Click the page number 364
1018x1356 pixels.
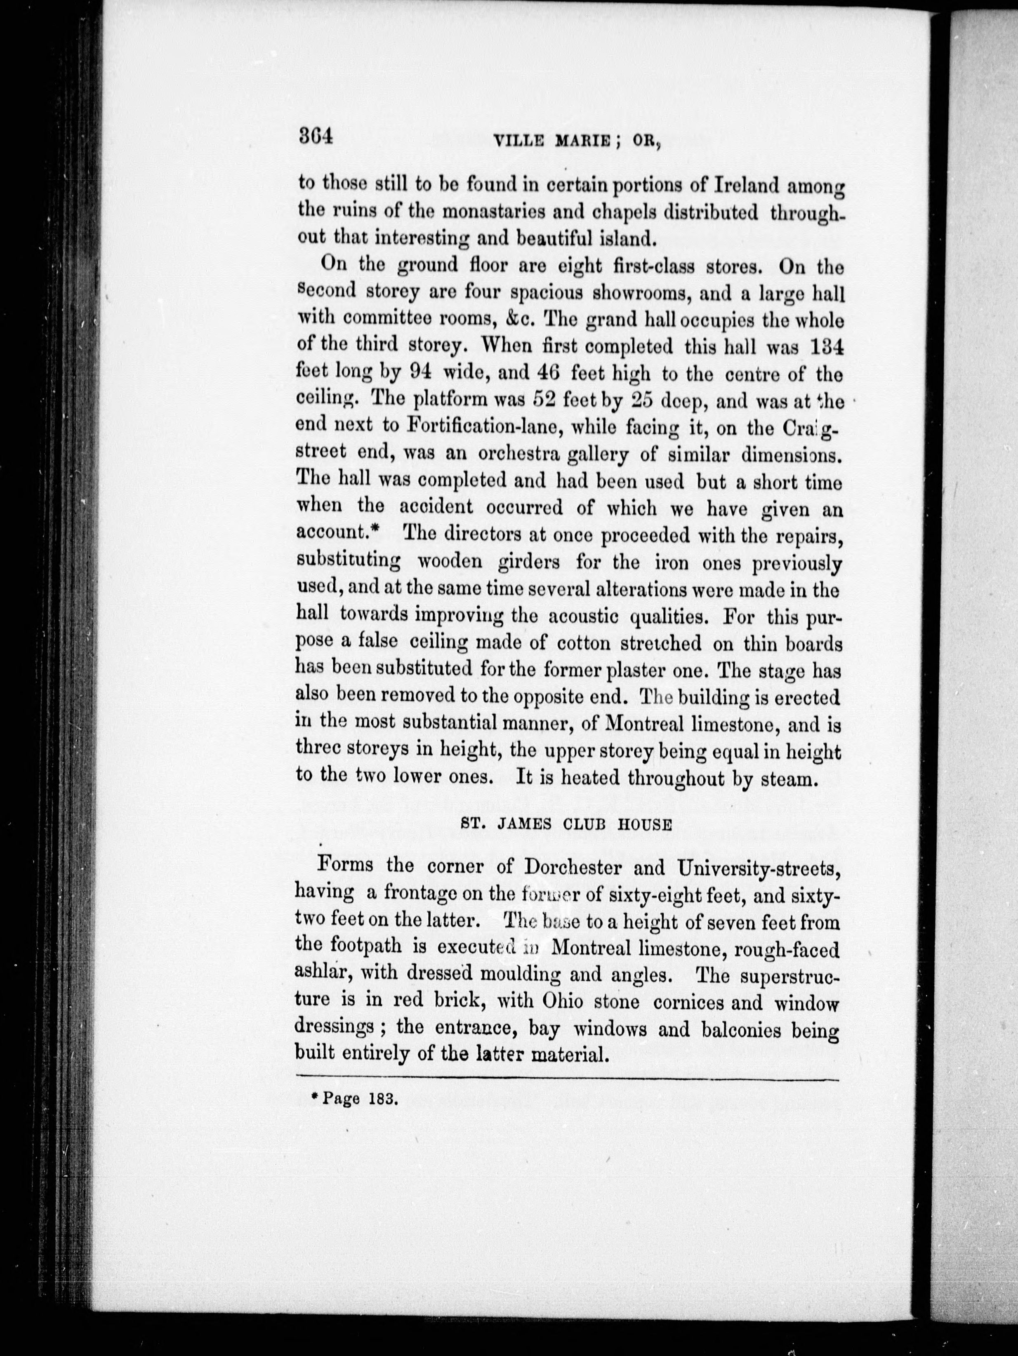pos(315,136)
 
